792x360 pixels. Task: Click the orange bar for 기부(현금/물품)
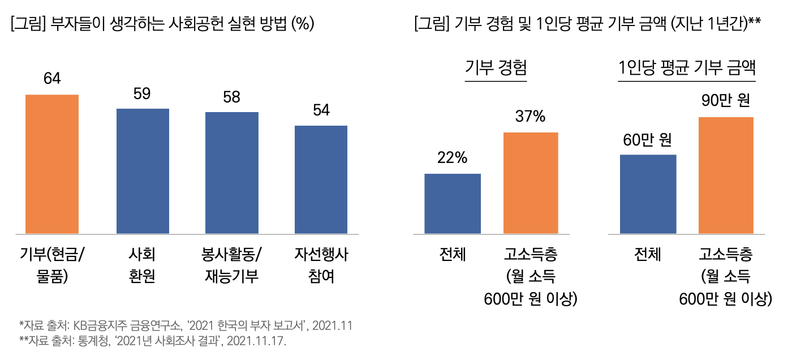[x=52, y=164]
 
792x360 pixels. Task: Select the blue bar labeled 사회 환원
[x=143, y=171]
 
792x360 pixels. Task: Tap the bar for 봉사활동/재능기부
[x=232, y=173]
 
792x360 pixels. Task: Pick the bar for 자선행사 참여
[x=321, y=179]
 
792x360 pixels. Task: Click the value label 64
[x=52, y=79]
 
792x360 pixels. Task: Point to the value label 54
[x=321, y=110]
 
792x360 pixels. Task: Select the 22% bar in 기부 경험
[x=453, y=204]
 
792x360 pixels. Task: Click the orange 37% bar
[x=531, y=183]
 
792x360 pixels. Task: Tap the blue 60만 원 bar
[x=648, y=194]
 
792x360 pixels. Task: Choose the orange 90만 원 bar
[x=726, y=175]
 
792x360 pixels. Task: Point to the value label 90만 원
[x=726, y=101]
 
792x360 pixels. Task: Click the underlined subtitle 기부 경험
[x=496, y=68]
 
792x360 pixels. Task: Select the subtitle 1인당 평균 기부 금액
[x=687, y=68]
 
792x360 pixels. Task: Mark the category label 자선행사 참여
[x=321, y=265]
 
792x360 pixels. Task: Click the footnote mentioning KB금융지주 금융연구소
[x=186, y=325]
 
